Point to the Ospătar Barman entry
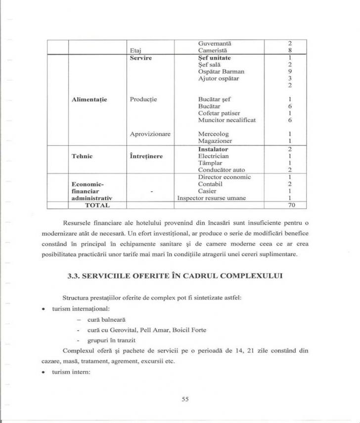(x=221, y=71)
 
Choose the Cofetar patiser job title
(x=219, y=113)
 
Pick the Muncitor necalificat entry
(x=227, y=120)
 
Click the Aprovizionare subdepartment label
(x=150, y=134)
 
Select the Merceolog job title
(x=214, y=134)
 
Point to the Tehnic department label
(x=83, y=156)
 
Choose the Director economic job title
(x=225, y=177)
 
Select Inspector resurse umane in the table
(x=212, y=198)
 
